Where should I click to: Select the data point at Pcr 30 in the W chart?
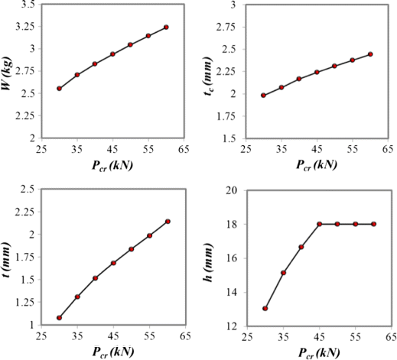pos(59,89)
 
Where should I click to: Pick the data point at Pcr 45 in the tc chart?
pos(317,73)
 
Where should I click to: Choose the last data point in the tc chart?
pos(370,54)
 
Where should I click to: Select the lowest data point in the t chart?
pos(59,318)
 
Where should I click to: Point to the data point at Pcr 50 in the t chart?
pos(131,249)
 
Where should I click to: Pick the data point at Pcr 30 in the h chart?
pos(265,309)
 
